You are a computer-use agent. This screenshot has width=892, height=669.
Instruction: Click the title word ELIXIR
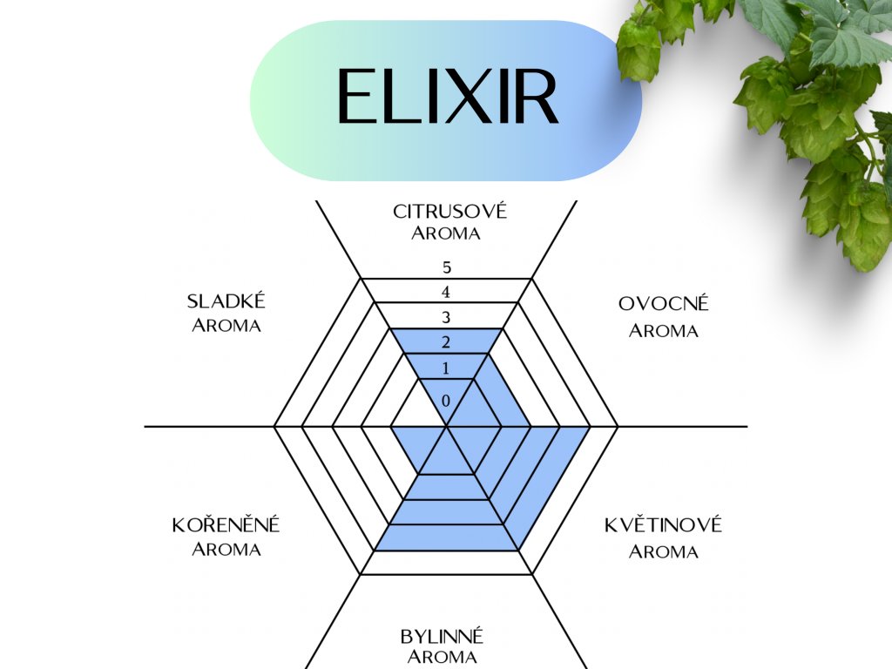coord(446,98)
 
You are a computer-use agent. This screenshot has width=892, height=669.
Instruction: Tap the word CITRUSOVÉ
coord(449,212)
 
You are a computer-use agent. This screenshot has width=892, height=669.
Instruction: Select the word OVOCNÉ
coord(664,304)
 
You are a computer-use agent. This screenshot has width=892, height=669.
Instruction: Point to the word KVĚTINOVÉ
coord(664,525)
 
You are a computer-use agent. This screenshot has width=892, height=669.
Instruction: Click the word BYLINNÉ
coord(443,636)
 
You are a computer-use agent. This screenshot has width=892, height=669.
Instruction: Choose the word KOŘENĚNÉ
coord(226,525)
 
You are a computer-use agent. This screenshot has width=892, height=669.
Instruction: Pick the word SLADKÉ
coord(226,301)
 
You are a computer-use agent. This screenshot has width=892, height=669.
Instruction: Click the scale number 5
coord(447,267)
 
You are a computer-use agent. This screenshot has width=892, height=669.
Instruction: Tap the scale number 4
coord(447,292)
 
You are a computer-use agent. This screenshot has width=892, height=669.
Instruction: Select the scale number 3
coord(447,317)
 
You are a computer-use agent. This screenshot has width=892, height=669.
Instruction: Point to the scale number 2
coord(446,341)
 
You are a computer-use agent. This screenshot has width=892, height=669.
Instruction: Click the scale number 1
coord(446,368)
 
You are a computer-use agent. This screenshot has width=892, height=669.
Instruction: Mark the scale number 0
coord(446,401)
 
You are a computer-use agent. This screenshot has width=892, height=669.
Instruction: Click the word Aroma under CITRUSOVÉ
coord(446,233)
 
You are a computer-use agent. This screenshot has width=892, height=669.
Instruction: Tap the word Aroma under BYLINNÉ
coord(443,657)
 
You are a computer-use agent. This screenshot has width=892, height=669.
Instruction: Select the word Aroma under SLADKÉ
coord(226,326)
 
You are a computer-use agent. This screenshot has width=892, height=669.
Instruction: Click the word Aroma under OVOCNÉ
coord(664,331)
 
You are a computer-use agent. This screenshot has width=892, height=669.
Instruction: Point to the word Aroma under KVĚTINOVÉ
coord(664,551)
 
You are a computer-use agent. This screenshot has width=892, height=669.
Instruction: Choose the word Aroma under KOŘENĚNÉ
coord(226,550)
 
